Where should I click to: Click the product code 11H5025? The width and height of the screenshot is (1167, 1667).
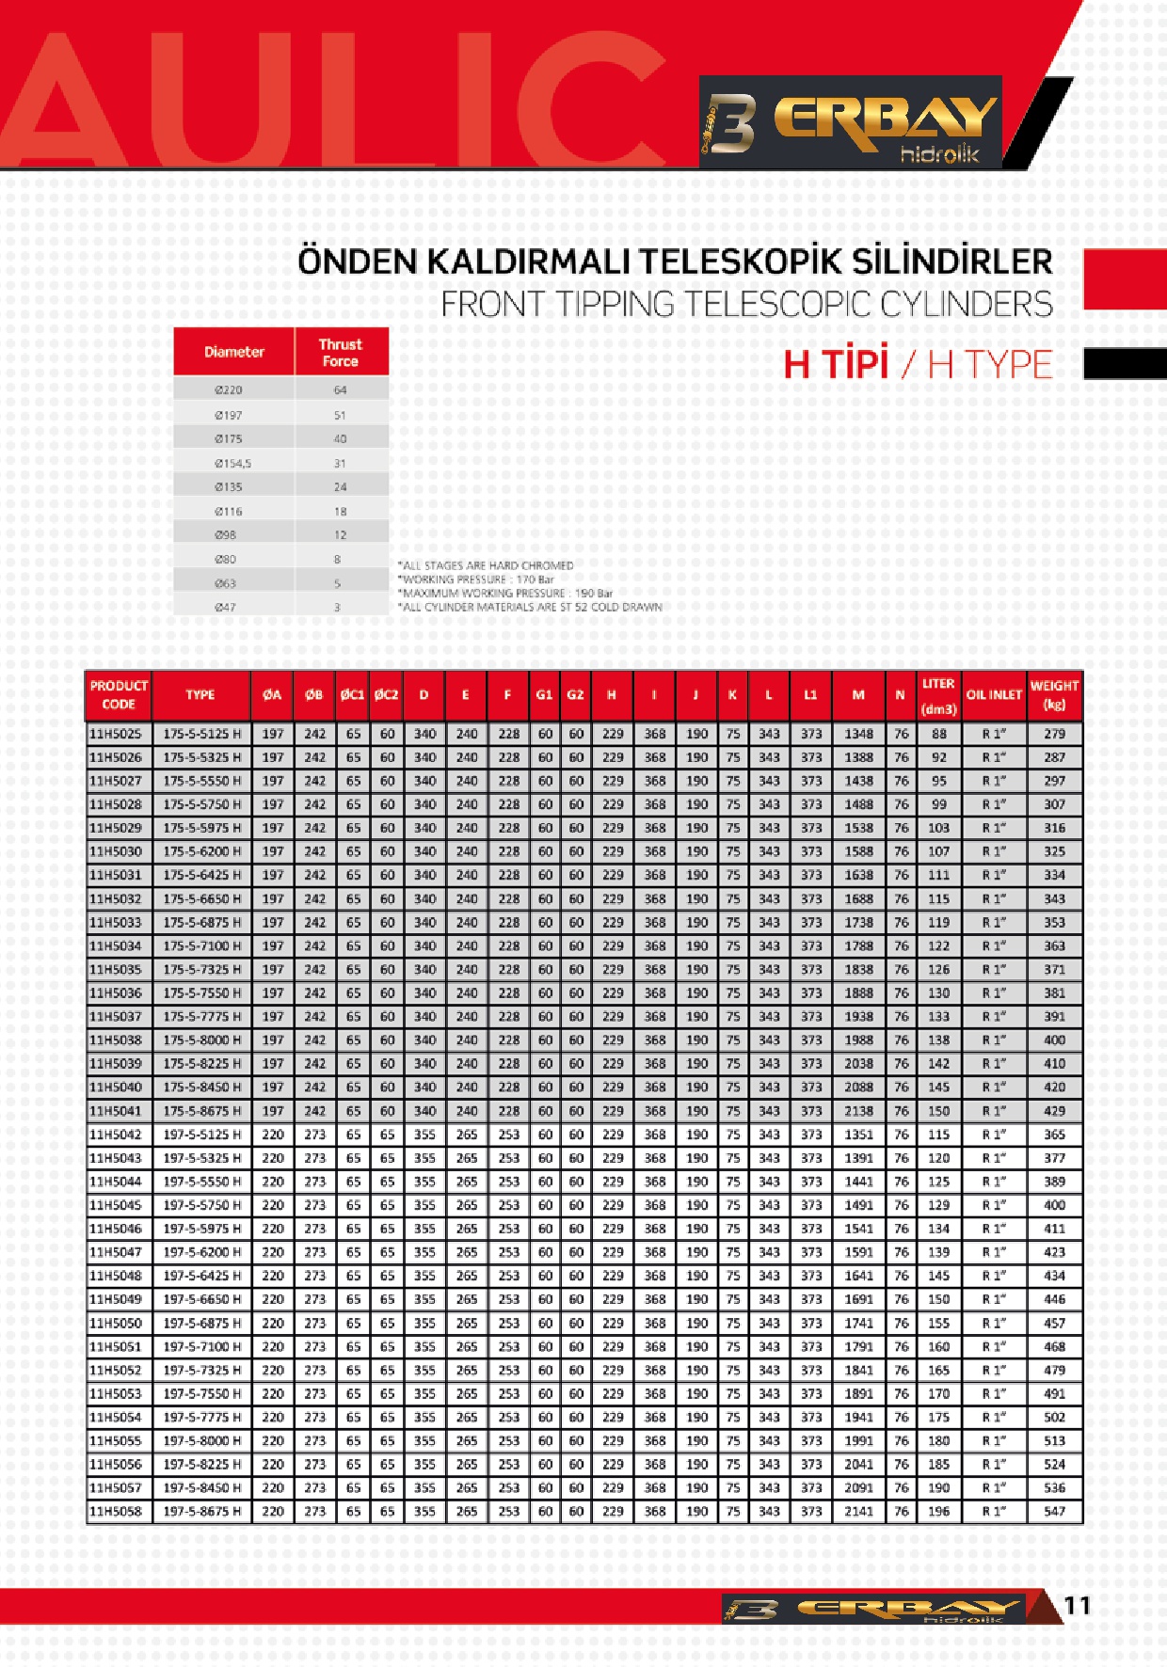116,734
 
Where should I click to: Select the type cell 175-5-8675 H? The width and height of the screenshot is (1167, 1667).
201,1111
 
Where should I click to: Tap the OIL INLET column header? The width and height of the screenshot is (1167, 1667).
993,695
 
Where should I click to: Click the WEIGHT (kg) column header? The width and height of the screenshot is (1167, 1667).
1054,695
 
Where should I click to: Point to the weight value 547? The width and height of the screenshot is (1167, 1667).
1054,1512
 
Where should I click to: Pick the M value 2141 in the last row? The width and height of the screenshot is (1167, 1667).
858,1512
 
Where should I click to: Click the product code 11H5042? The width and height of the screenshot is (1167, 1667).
116,1135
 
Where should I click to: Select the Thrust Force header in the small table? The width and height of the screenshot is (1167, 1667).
340,352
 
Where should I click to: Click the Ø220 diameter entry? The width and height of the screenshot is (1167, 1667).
229,389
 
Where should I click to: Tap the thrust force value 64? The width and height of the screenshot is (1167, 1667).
340,389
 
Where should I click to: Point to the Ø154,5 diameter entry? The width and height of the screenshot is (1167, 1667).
232,463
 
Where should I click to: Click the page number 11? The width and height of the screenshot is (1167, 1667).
1078,1605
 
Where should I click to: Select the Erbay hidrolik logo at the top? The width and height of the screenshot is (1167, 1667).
850,123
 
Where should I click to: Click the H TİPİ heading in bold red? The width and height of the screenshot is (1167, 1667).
836,364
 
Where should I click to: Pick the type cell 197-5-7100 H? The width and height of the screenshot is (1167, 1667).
201,1347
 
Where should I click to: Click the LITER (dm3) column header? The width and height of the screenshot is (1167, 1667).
938,695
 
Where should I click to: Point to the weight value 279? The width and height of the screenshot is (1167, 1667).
1054,734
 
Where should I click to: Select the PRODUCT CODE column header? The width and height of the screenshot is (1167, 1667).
119,695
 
